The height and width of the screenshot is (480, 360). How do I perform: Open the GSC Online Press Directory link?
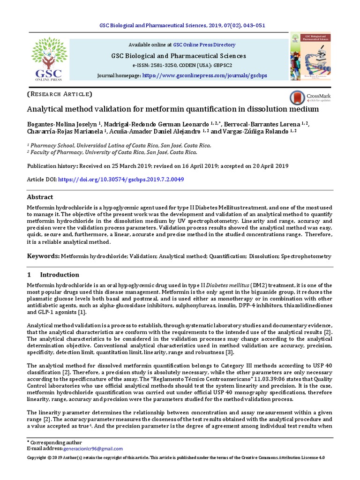[204, 45]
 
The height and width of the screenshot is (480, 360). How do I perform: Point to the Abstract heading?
[40, 197]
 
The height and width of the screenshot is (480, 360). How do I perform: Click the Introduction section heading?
[59, 275]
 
